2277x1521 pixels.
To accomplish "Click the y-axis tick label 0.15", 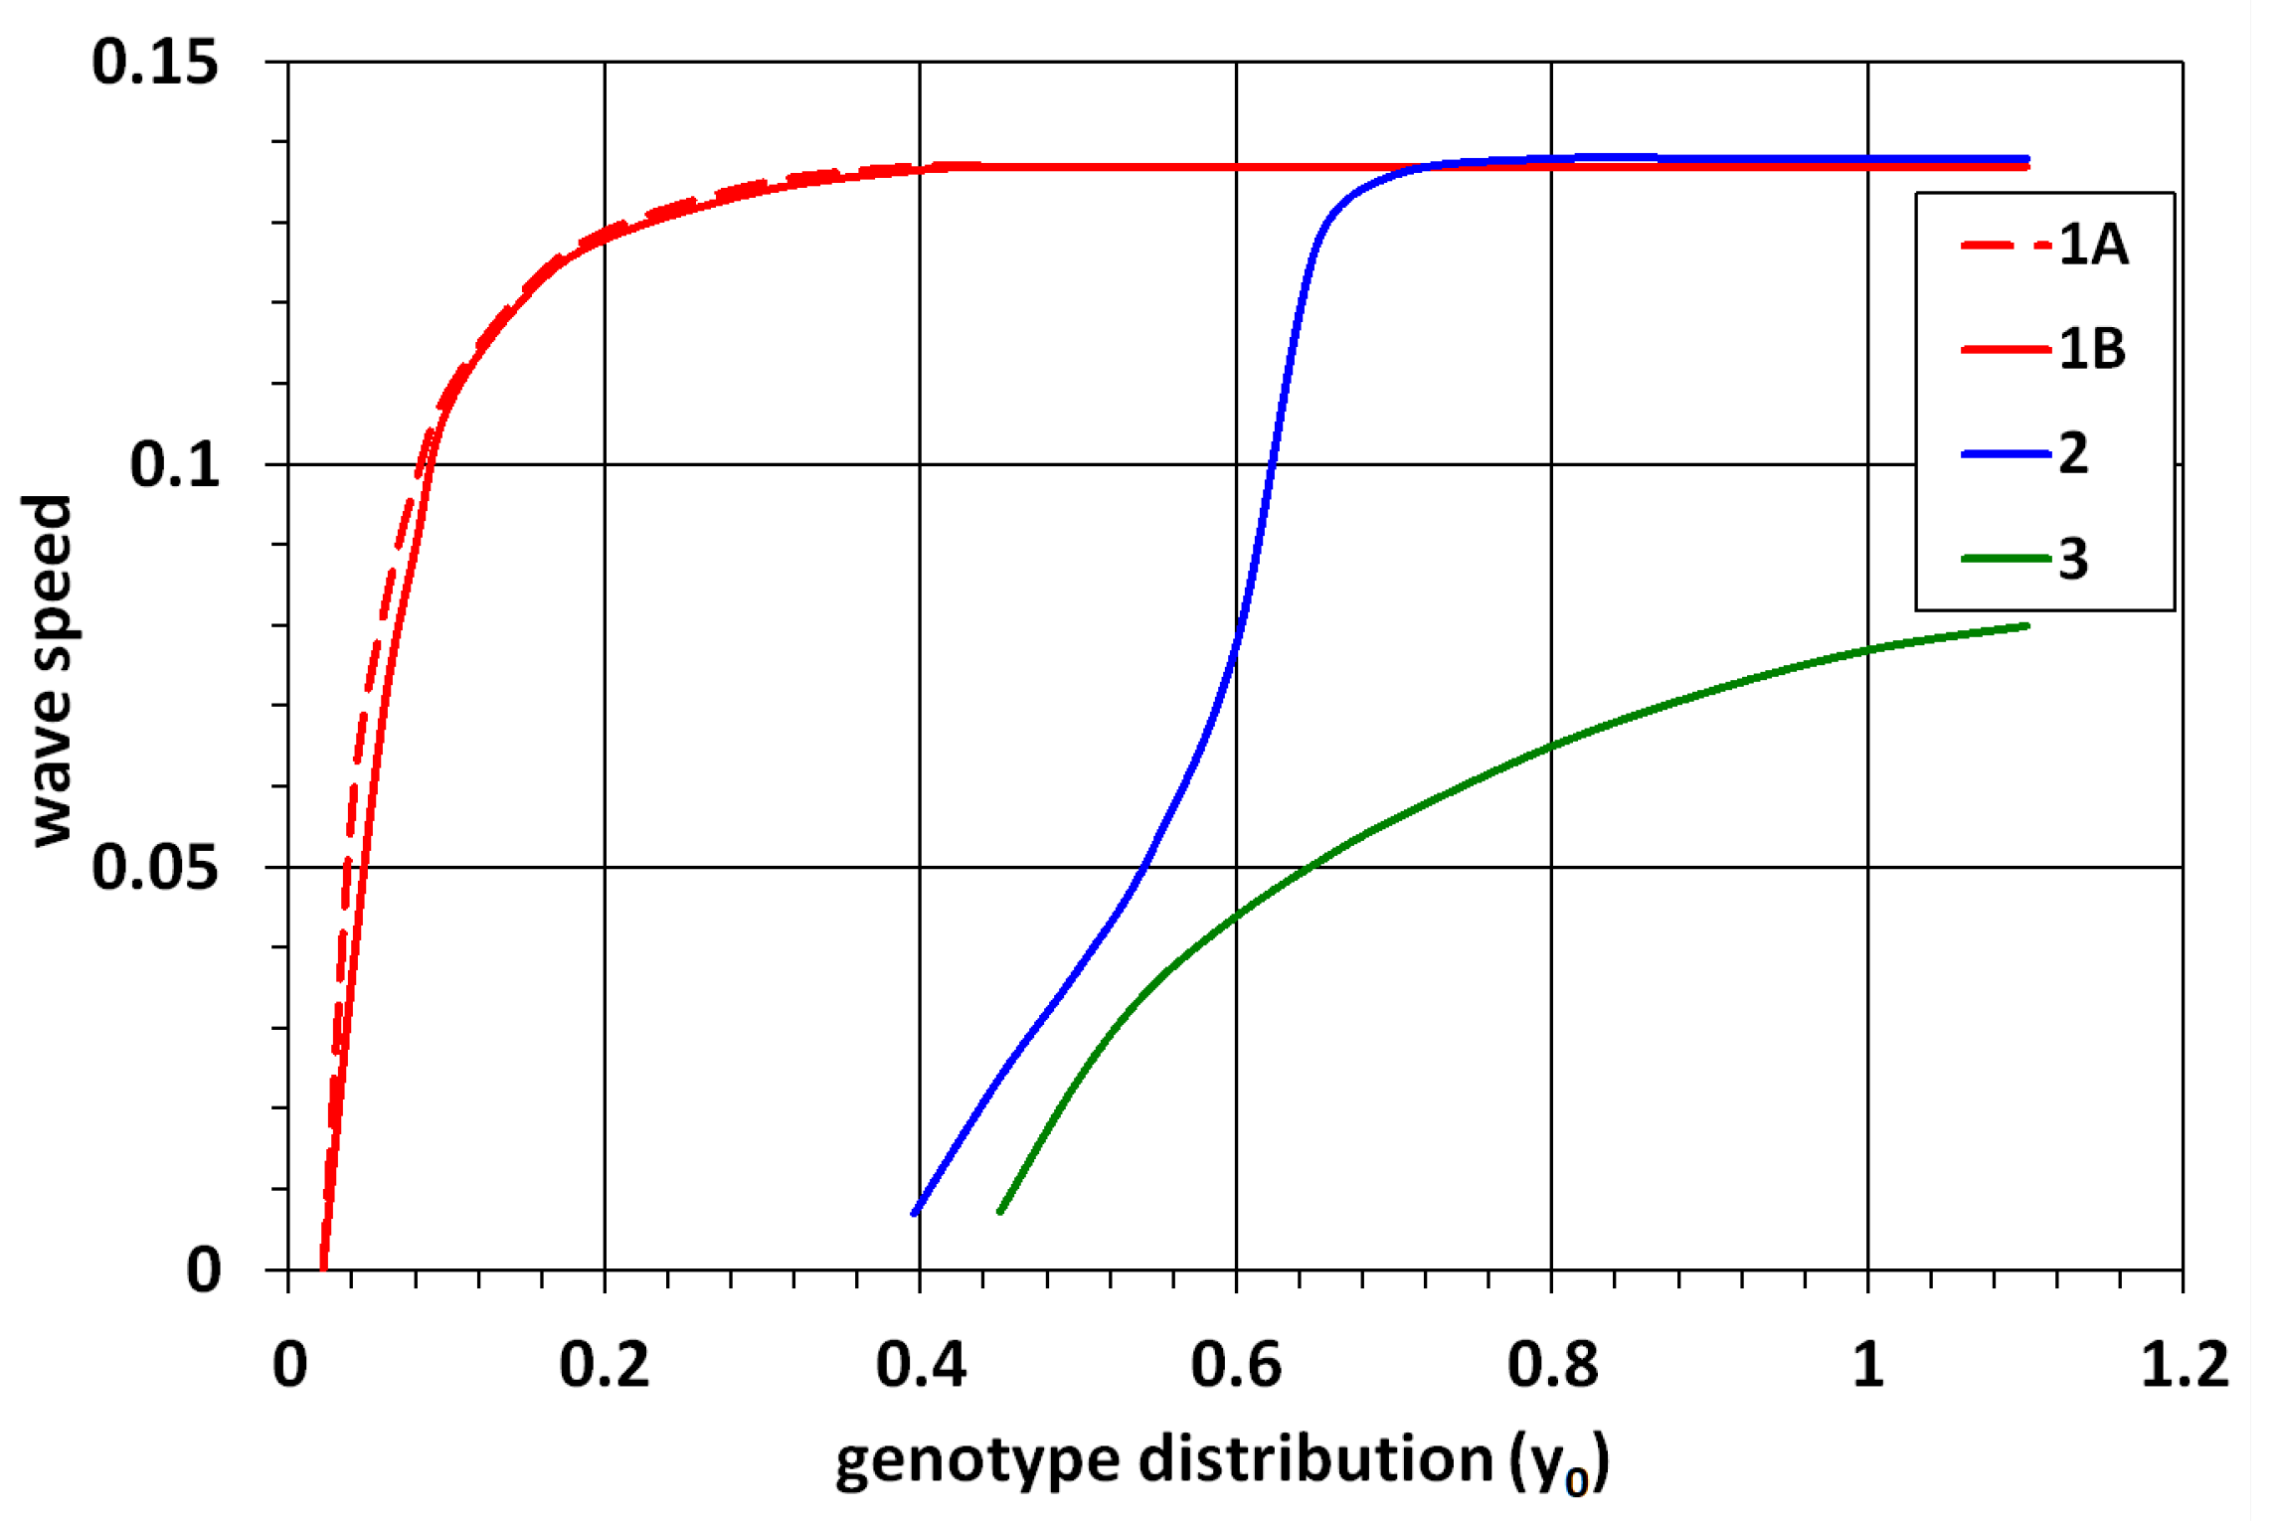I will coord(155,62).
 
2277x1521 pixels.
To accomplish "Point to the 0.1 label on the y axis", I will coord(174,464).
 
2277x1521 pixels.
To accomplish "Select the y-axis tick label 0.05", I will coord(155,867).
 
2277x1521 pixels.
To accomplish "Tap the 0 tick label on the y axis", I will coord(203,1269).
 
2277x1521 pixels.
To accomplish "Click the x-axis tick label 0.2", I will coord(604,1365).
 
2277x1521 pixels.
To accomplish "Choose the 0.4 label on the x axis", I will coord(920,1365).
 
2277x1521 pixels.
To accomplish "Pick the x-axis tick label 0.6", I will coord(1236,1365).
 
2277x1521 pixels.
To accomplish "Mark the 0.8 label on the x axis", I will coord(1552,1365).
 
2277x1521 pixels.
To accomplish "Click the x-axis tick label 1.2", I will coord(2184,1365).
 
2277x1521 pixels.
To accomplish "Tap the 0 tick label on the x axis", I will coord(289,1365).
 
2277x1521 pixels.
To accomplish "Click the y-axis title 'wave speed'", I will coord(48,671).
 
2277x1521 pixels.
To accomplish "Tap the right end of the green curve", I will coord(2025,626).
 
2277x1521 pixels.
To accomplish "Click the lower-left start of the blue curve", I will coord(915,1212).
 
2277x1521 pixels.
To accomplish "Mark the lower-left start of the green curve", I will coord(1000,1211).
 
